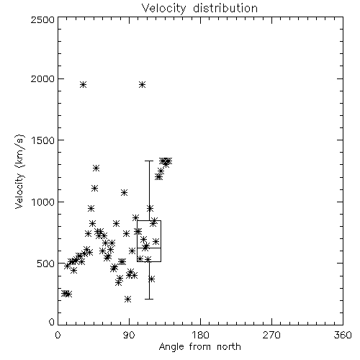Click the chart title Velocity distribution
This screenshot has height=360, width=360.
[x=199, y=8]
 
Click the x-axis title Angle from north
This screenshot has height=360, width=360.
[x=199, y=347]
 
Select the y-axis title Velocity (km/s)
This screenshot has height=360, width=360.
[x=19, y=171]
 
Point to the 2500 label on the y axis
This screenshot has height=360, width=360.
[x=42, y=19]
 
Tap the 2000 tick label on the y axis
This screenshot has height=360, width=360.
[x=42, y=78]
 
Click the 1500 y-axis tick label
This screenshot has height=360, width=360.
[x=43, y=140]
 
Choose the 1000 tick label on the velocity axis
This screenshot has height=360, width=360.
[x=43, y=202]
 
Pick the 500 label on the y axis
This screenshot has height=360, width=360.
[x=46, y=264]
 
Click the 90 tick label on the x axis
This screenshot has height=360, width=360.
[x=129, y=335]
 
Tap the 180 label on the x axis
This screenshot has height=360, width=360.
[x=200, y=335]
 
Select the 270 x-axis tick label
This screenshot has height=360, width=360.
[x=271, y=335]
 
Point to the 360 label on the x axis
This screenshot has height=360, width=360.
[x=343, y=335]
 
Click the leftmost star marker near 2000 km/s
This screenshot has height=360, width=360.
[x=83, y=84]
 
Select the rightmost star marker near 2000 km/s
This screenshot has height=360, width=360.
[x=142, y=84]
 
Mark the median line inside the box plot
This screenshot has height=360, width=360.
[x=149, y=248]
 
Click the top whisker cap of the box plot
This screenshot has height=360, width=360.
[x=149, y=161]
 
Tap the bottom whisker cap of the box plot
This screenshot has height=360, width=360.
[x=149, y=299]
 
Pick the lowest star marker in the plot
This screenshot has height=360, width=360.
[x=127, y=299]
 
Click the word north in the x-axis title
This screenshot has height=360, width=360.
[x=229, y=347]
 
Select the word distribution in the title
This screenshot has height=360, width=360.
[x=225, y=8]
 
